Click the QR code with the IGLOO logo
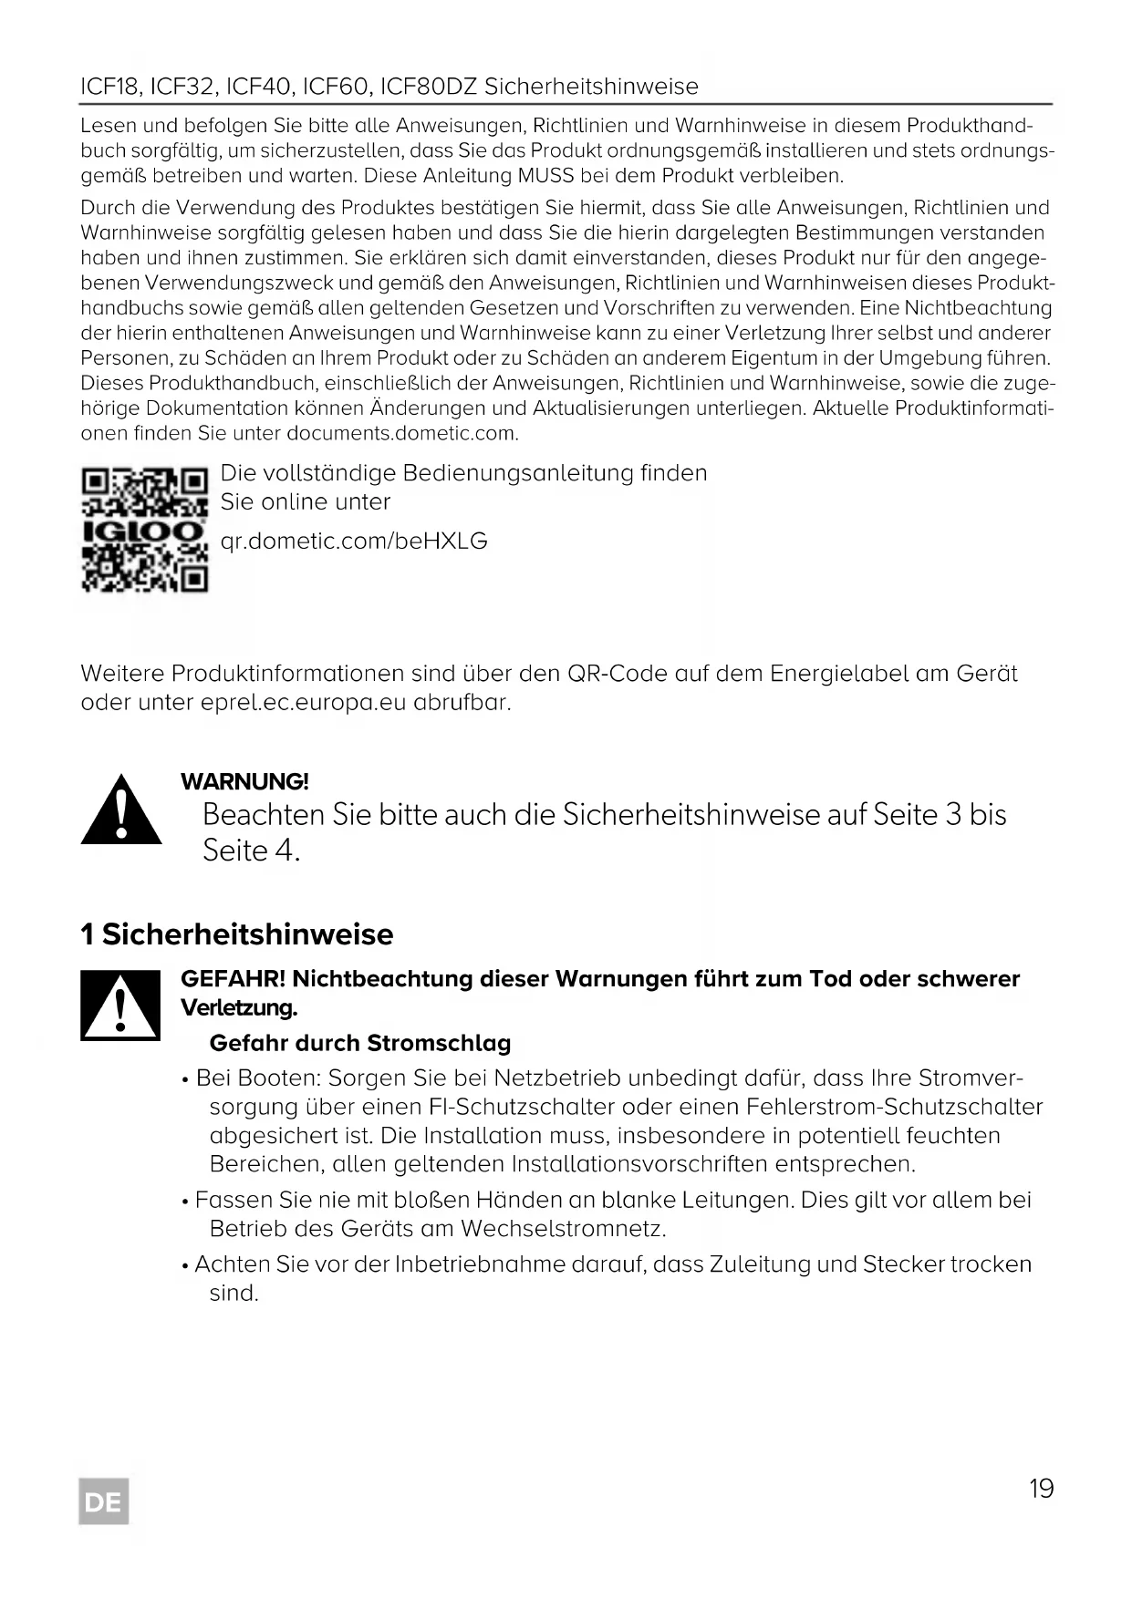tap(145, 530)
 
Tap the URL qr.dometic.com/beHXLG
tap(354, 542)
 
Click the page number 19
tap(1041, 1489)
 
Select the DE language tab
tap(104, 1501)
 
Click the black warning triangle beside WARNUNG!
tap(121, 810)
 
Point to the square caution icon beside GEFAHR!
tap(120, 1006)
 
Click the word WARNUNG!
tap(244, 781)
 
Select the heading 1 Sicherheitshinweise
tap(237, 934)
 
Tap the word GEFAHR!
tap(234, 979)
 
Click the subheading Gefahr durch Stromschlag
tap(359, 1043)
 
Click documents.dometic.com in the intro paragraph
tap(401, 433)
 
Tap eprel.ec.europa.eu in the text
tap(303, 703)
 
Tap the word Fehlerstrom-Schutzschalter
tap(894, 1107)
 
